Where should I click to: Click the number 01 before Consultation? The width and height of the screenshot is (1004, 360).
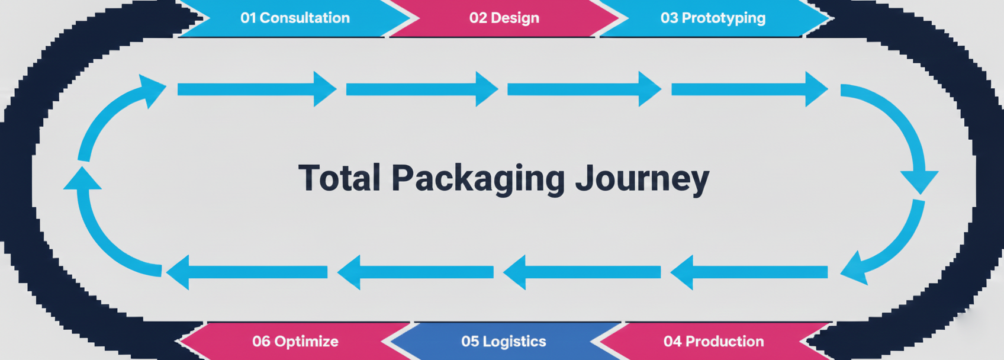[x=248, y=18]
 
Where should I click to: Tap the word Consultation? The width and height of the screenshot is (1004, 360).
[x=304, y=18]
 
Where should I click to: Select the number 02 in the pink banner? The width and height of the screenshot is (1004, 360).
[x=477, y=18]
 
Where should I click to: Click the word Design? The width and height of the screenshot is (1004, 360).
[x=513, y=18]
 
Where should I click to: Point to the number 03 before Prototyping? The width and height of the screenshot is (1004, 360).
[x=669, y=18]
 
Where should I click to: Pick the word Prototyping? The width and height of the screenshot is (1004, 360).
[x=723, y=18]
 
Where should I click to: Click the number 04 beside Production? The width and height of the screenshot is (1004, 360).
[x=672, y=341]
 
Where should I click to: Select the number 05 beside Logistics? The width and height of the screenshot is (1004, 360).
[x=470, y=341]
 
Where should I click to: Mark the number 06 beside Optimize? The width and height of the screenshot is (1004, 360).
[x=261, y=341]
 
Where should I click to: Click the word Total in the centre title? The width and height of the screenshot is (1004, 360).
[x=339, y=178]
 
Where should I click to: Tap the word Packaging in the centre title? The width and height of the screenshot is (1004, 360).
[x=478, y=178]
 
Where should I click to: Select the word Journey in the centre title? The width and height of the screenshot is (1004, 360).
[x=642, y=178]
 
